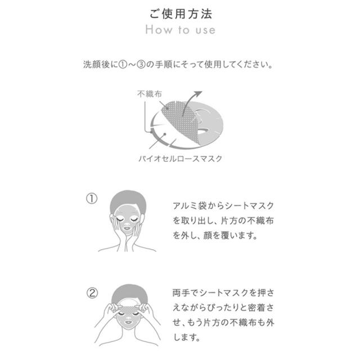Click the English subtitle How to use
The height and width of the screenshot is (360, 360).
[x=179, y=30]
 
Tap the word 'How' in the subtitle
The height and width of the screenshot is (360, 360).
[x=157, y=30]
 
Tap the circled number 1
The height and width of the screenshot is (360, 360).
[x=92, y=199]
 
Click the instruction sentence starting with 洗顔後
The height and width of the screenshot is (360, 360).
[x=179, y=65]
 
